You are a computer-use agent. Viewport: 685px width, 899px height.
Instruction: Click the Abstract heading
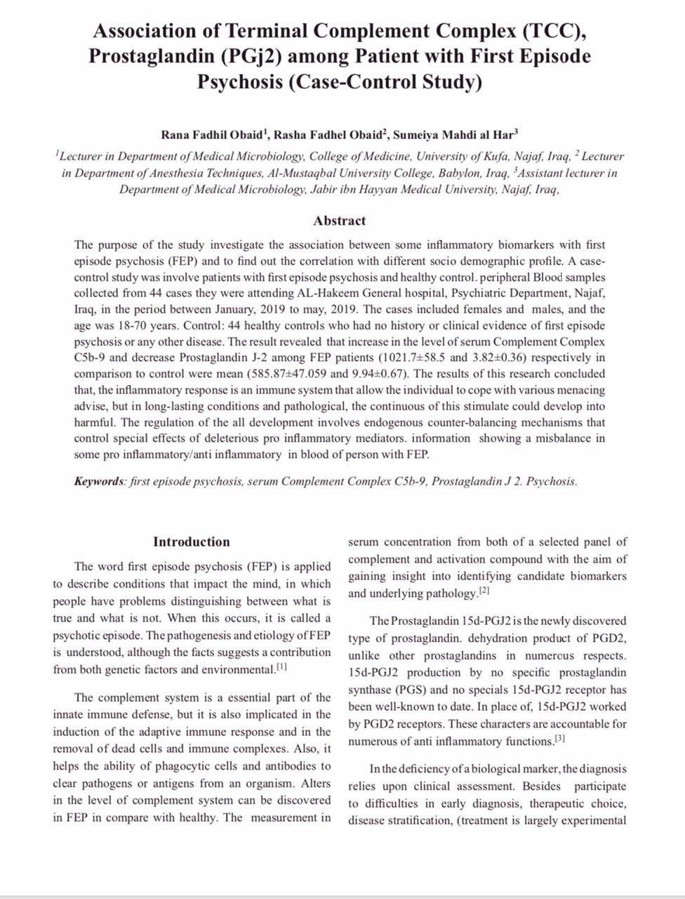tap(339, 221)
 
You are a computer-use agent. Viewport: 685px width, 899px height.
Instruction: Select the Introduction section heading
tap(192, 542)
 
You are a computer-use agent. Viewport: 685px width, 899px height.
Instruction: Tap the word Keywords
tap(99, 482)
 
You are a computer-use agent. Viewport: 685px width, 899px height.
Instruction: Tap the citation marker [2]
tap(484, 591)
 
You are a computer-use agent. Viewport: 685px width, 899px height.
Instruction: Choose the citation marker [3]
tap(559, 738)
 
